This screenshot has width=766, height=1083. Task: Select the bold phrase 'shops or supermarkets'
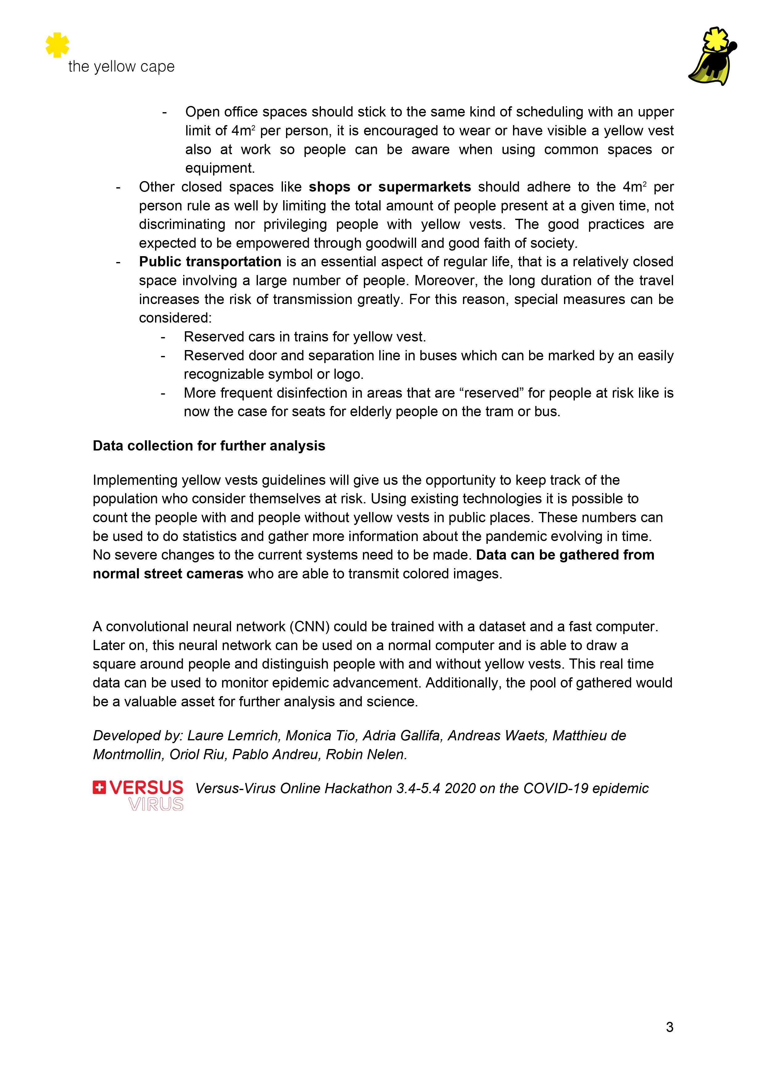click(389, 187)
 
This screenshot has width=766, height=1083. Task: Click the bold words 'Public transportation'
click(210, 262)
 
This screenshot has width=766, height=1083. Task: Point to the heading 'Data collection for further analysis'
click(209, 446)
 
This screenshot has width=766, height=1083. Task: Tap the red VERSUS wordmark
click(146, 787)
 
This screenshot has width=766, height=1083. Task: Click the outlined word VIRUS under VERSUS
click(156, 804)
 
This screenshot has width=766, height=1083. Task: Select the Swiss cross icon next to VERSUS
click(99, 787)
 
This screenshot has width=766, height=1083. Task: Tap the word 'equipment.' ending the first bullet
click(220, 168)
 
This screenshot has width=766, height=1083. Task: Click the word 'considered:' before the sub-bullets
click(175, 318)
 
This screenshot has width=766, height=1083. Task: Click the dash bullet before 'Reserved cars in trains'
click(163, 337)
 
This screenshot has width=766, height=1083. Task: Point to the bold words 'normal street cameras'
click(168, 574)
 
